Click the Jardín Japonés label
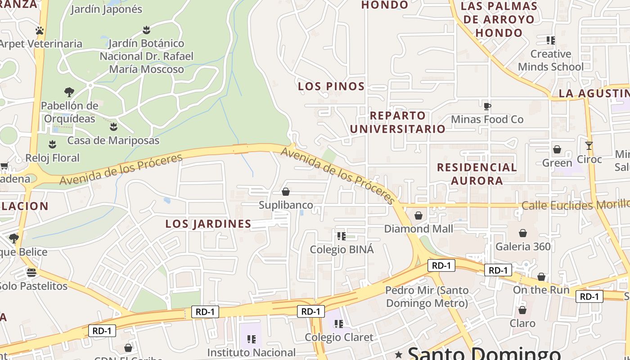[x=106, y=9]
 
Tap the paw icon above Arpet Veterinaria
[x=40, y=31]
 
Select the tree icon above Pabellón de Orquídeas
[x=69, y=92]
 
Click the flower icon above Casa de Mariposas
[x=113, y=126]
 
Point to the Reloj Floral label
[x=52, y=158]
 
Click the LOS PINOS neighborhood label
[x=331, y=86]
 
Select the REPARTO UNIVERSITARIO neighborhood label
[x=397, y=122]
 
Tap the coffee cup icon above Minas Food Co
[x=487, y=106]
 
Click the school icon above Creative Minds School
[x=550, y=40]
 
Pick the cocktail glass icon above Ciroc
[x=589, y=146]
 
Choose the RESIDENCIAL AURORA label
[x=477, y=174]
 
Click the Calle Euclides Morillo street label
[x=575, y=206]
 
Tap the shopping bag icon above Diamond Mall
[x=418, y=216]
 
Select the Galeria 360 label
[x=523, y=247]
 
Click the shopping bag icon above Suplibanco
[x=286, y=192]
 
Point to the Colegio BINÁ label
[x=342, y=249]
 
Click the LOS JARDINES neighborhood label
[x=208, y=224]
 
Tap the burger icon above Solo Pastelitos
[x=31, y=272]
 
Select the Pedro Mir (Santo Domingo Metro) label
[x=427, y=297]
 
